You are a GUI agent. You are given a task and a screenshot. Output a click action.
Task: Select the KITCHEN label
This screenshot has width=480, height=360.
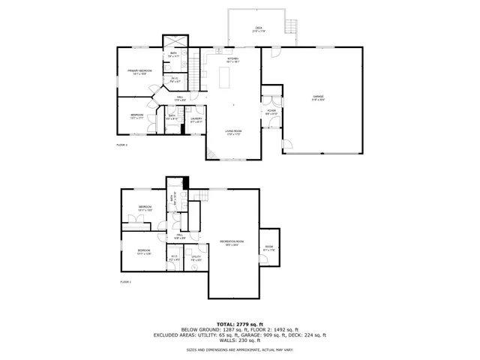[x=233, y=60]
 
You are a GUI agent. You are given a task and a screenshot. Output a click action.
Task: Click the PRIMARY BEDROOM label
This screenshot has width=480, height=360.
[x=140, y=72]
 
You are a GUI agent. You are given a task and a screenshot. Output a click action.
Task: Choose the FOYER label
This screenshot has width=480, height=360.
[x=271, y=111]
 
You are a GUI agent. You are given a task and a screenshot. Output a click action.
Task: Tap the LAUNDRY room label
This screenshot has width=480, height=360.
[x=196, y=118]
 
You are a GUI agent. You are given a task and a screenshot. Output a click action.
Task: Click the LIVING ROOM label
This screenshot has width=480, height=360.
[x=233, y=133]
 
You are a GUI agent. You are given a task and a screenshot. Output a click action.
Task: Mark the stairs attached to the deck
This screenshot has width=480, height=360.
[x=292, y=29]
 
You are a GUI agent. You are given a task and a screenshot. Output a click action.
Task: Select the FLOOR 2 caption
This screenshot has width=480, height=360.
[x=121, y=145]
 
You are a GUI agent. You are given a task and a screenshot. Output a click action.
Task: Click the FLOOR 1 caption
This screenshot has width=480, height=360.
[x=125, y=282]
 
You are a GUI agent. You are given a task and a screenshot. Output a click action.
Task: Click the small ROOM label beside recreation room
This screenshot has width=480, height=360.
[x=268, y=248]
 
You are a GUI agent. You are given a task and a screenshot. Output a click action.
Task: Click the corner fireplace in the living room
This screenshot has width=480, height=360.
[x=212, y=156]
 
